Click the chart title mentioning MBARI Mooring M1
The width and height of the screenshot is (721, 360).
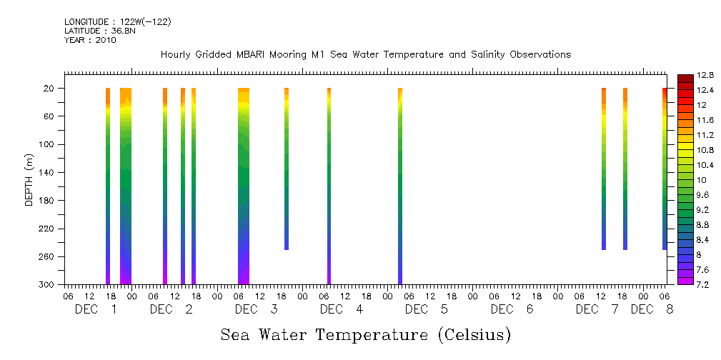[x=365, y=54]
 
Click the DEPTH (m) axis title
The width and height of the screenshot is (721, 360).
[x=29, y=179]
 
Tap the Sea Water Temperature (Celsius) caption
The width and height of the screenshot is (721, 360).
[x=366, y=334]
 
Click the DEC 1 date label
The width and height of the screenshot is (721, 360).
[x=96, y=309]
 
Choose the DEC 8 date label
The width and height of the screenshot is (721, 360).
[x=652, y=309]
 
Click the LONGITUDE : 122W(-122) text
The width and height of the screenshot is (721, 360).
[x=117, y=22]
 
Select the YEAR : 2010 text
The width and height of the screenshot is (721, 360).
[x=90, y=40]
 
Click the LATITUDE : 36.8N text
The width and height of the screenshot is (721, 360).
[x=99, y=31]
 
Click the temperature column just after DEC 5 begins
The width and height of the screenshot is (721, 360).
[x=400, y=186]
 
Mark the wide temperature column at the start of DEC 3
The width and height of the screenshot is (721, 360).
[x=244, y=186]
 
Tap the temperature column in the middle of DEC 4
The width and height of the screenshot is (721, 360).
[x=329, y=186]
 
